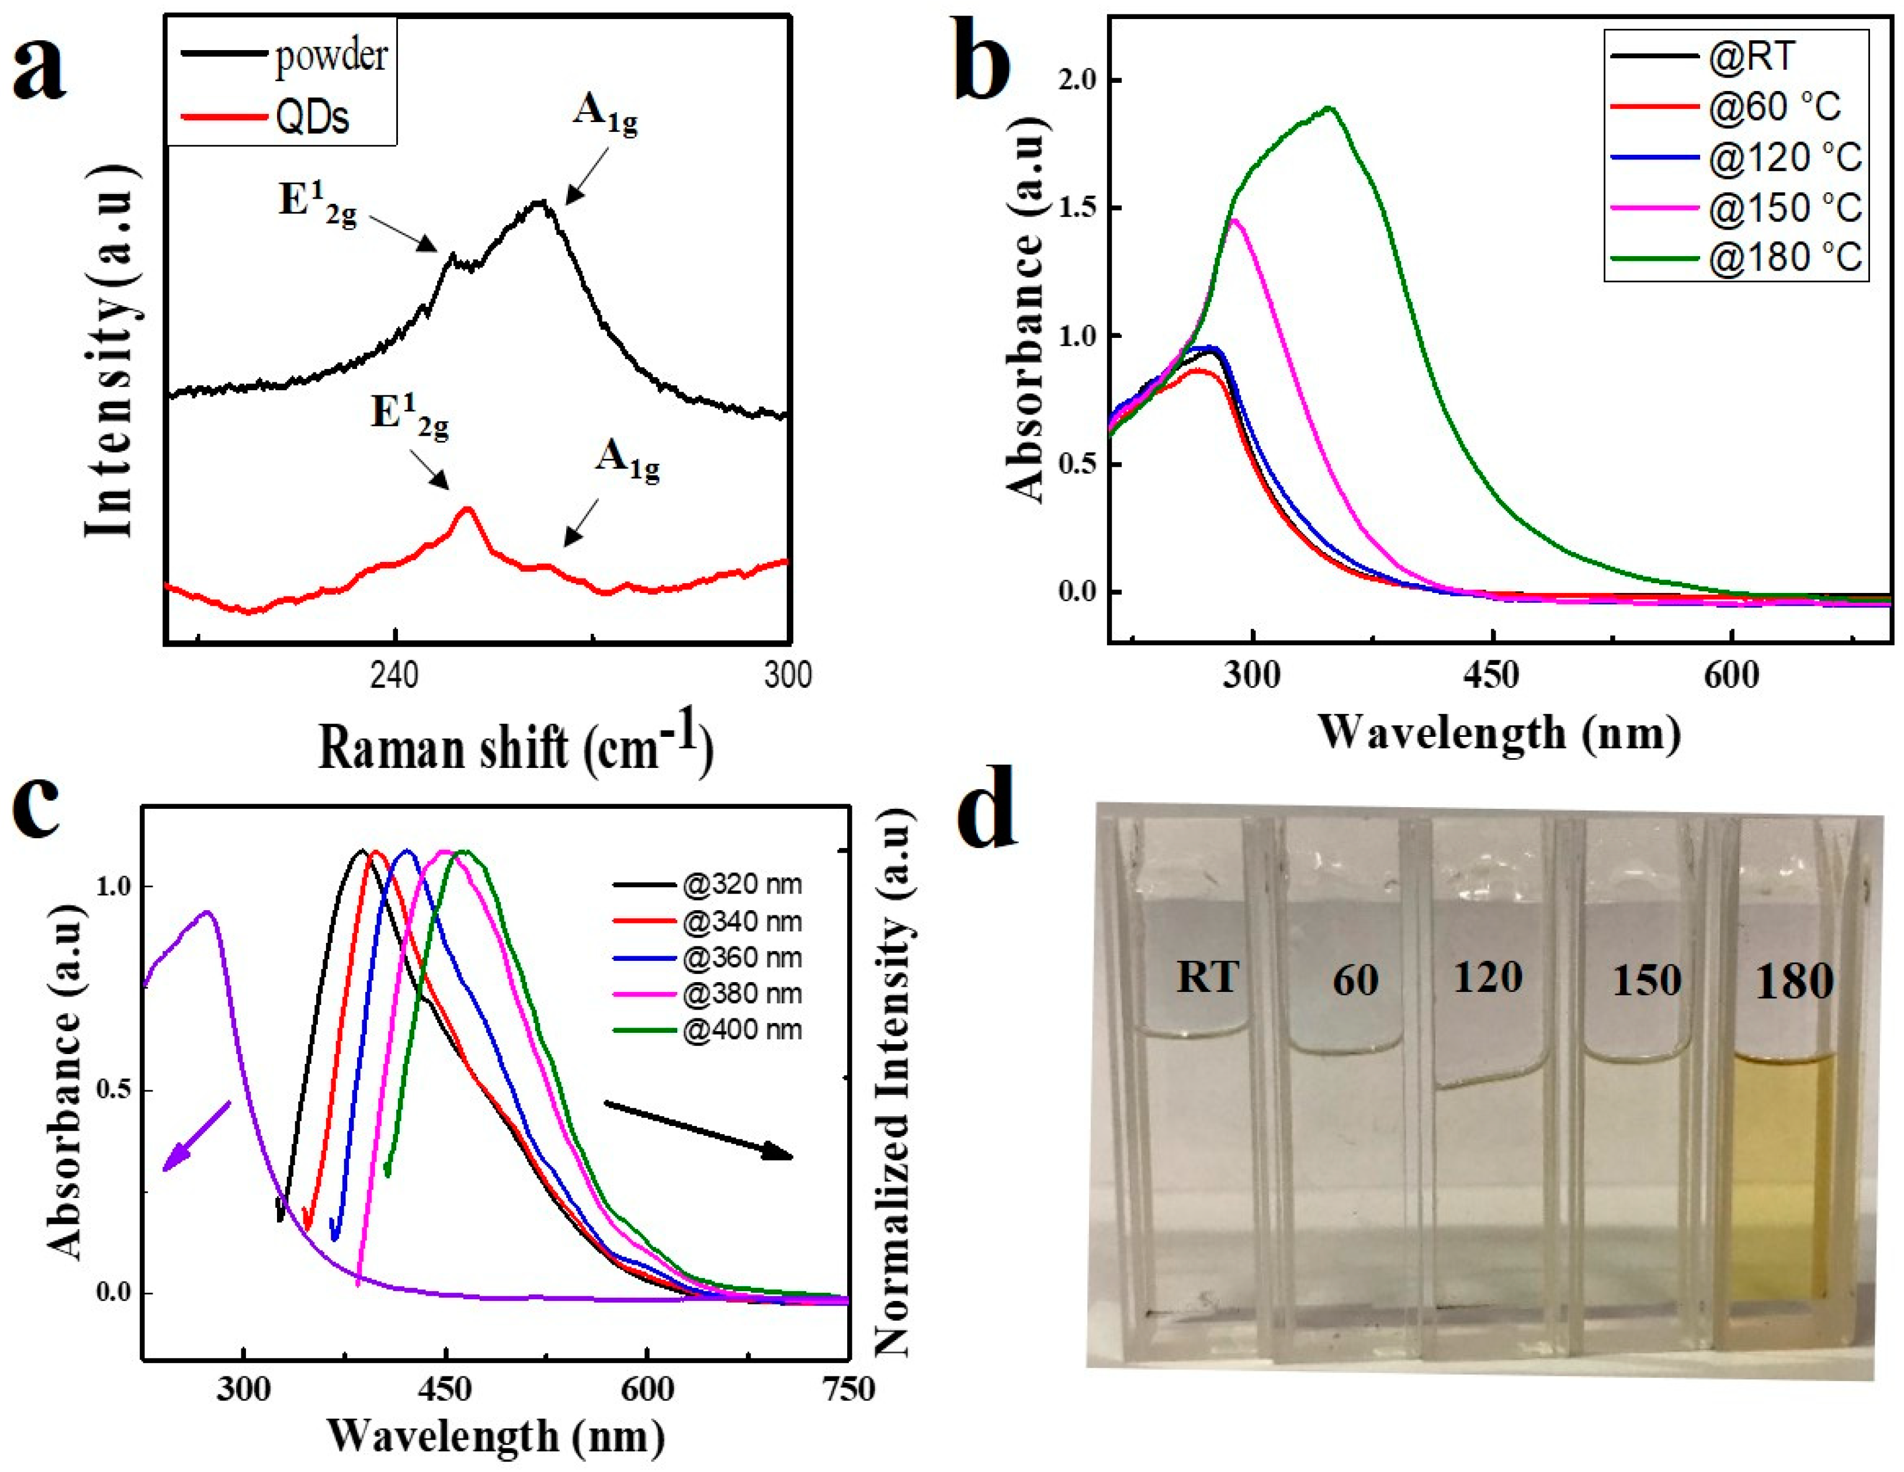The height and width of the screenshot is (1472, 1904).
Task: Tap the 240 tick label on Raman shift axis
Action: click(x=395, y=675)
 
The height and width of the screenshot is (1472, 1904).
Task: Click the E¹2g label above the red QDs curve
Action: click(x=409, y=417)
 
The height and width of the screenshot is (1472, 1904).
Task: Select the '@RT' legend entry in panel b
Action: click(x=1753, y=56)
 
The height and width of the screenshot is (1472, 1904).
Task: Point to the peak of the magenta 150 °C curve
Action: click(x=1234, y=220)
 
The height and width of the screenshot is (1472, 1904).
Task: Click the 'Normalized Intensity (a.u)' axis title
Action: click(x=890, y=1081)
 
